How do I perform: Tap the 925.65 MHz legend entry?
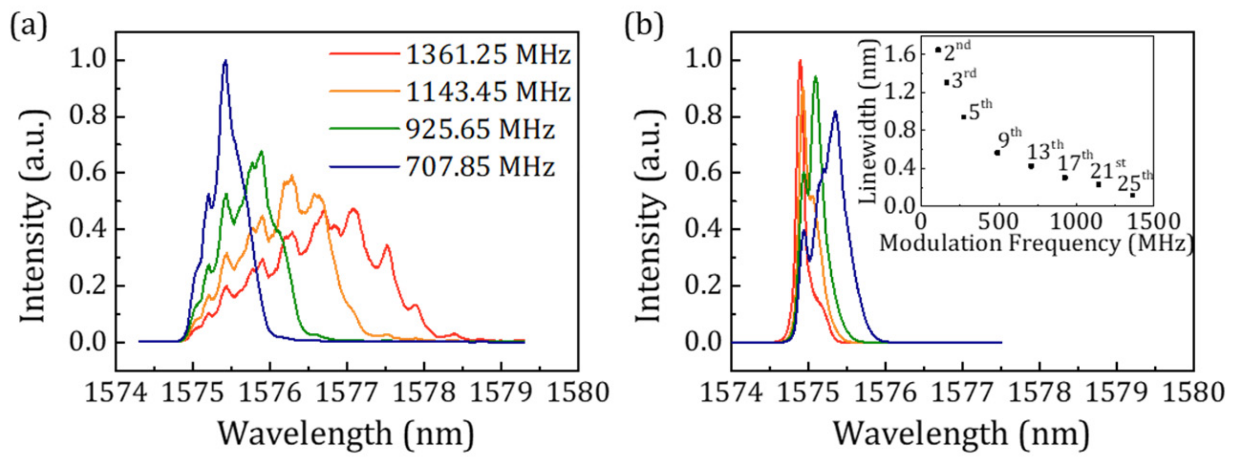(x=479, y=129)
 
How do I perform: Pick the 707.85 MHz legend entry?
(x=479, y=167)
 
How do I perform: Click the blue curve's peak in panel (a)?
(x=225, y=61)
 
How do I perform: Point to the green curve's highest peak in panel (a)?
(x=262, y=151)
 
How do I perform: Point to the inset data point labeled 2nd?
(x=938, y=50)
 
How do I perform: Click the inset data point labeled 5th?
(x=963, y=117)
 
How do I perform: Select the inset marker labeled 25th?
(x=1132, y=195)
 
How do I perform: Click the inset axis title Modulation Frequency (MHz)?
(x=1036, y=244)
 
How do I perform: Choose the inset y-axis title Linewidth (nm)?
(x=867, y=122)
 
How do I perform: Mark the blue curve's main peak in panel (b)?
(x=835, y=112)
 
